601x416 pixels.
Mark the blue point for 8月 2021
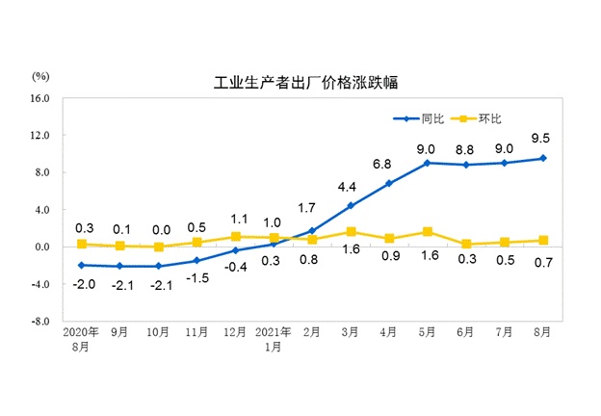coord(542,158)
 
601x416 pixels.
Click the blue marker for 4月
coord(388,183)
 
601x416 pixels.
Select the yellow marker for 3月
coord(350,231)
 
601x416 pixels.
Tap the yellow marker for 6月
coord(465,244)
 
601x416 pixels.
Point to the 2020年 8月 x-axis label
coord(81,338)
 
